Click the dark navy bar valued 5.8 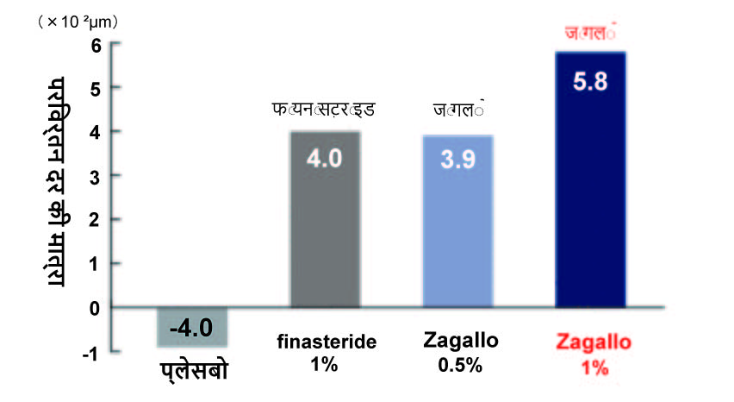[590, 190]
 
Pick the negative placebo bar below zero [192, 327]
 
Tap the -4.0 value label [191, 328]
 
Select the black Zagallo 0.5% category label [458, 351]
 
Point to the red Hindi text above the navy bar [590, 35]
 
